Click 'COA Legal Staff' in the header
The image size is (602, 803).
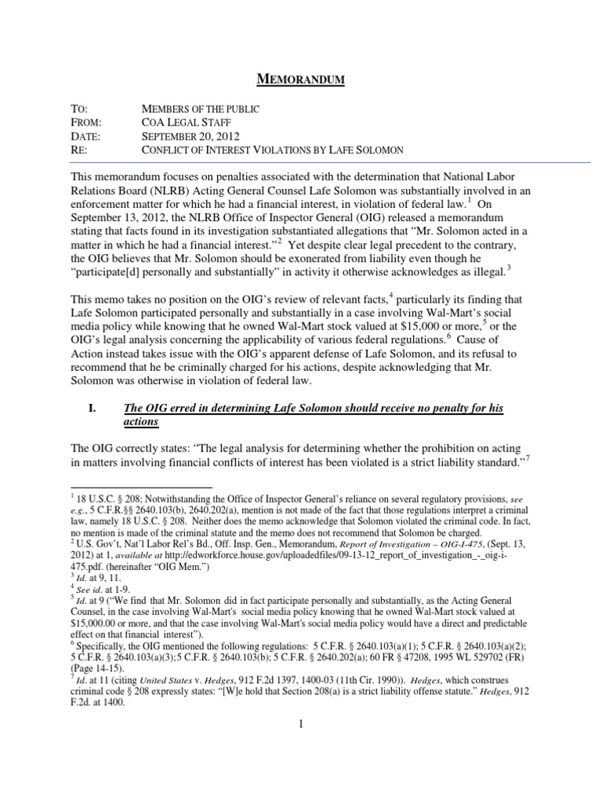click(183, 122)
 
